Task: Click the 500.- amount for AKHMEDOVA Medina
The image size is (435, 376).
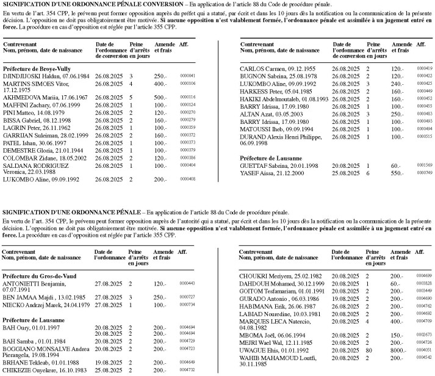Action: [159, 98]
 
